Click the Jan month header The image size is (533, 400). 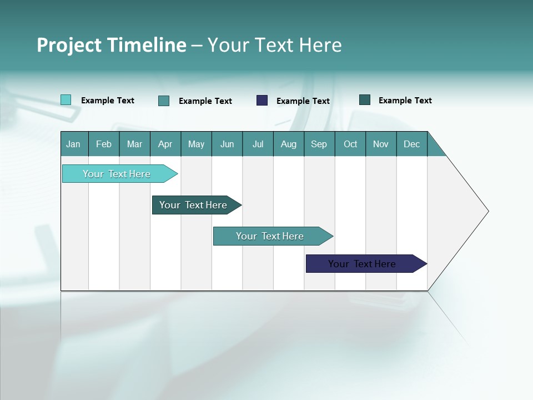[74, 144]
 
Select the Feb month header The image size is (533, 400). [104, 144]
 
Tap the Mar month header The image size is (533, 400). [134, 144]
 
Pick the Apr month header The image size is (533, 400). [165, 144]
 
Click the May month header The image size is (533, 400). [196, 144]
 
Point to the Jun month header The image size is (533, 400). [227, 144]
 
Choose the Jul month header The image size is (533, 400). [258, 144]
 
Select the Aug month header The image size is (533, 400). [289, 144]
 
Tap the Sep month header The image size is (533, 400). [319, 144]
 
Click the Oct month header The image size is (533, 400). [350, 144]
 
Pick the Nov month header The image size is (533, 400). [381, 144]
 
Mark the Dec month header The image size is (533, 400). [412, 144]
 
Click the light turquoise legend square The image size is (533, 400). [66, 100]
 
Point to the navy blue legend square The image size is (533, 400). [262, 100]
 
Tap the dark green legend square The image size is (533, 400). [365, 100]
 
